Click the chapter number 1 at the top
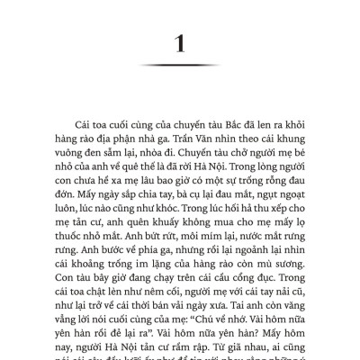tap(180, 41)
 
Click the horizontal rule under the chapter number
tap(180, 65)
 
